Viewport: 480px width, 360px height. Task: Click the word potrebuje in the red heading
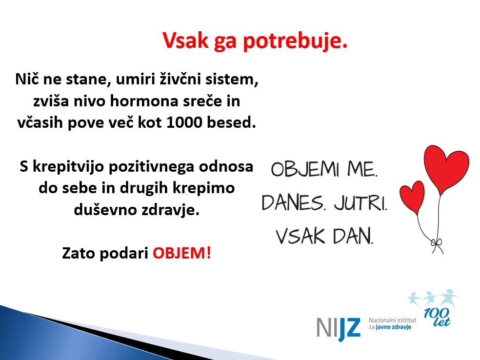[x=296, y=41]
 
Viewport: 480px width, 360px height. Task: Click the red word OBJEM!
[x=182, y=253]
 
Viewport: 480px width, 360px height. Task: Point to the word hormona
[x=144, y=101]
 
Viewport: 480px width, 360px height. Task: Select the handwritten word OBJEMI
[x=305, y=169]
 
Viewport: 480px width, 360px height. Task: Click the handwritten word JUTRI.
[x=360, y=202]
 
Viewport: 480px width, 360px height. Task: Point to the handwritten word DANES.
[x=293, y=202]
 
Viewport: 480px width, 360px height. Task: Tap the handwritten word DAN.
[x=353, y=236]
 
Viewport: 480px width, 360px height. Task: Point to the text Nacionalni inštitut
[x=393, y=320]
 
